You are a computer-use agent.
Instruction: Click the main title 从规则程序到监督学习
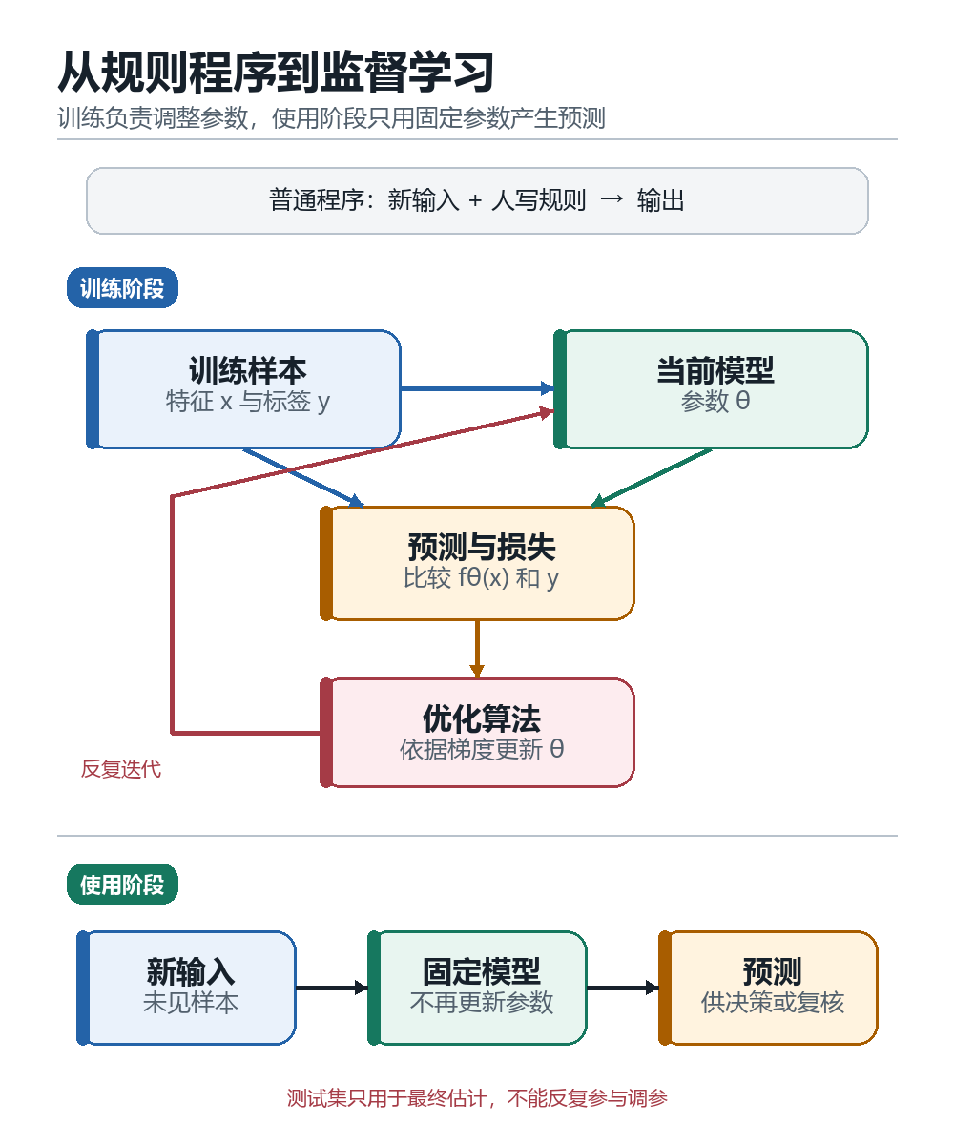pyautogui.click(x=276, y=72)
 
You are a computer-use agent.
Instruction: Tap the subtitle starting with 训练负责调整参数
pyautogui.click(x=331, y=118)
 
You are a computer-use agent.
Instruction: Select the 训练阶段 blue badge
pyautogui.click(x=122, y=288)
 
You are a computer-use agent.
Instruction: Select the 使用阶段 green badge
pyautogui.click(x=122, y=885)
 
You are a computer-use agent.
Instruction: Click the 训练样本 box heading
pyautogui.click(x=248, y=370)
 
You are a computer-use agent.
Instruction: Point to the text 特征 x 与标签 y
pyautogui.click(x=248, y=402)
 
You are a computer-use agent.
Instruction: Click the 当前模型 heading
pyautogui.click(x=715, y=370)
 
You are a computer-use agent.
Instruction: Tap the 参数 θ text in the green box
pyautogui.click(x=715, y=401)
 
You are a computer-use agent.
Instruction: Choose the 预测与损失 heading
pyautogui.click(x=482, y=547)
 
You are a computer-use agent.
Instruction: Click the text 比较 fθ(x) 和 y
pyautogui.click(x=482, y=578)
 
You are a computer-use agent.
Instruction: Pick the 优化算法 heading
pyautogui.click(x=482, y=718)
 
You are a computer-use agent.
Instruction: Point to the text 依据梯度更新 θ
pyautogui.click(x=482, y=749)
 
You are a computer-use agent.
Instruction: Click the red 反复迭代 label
pyautogui.click(x=121, y=769)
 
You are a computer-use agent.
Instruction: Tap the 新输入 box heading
pyautogui.click(x=190, y=971)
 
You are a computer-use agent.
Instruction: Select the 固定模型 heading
pyautogui.click(x=482, y=971)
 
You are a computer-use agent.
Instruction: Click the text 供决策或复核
pyautogui.click(x=773, y=1003)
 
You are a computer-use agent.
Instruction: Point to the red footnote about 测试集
pyautogui.click(x=477, y=1098)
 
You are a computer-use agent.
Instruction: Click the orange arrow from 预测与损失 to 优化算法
pyautogui.click(x=477, y=649)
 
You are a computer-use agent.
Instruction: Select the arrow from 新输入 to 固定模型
pyautogui.click(x=332, y=988)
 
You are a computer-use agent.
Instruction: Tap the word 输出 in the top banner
pyautogui.click(x=661, y=200)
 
